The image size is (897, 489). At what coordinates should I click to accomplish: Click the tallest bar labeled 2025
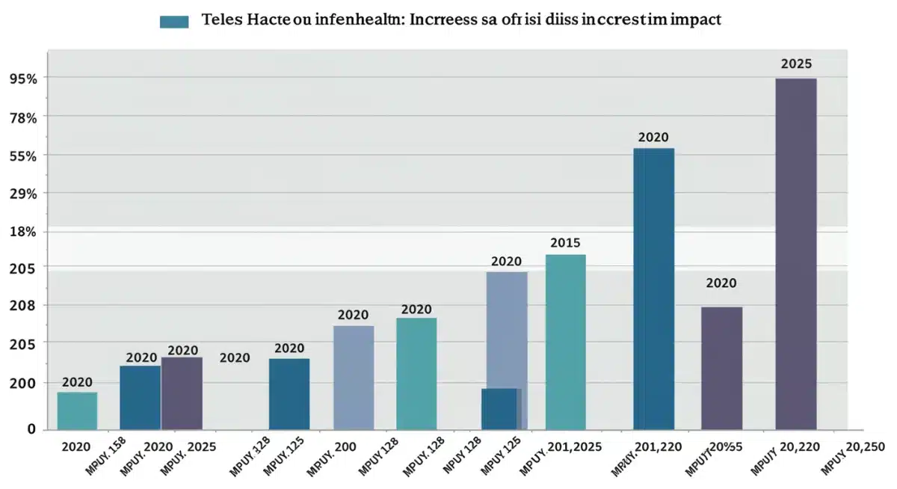point(795,254)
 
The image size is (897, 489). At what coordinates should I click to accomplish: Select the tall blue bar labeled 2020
point(653,289)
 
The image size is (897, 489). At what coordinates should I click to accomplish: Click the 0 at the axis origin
point(31,429)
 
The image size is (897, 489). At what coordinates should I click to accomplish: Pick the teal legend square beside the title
point(174,22)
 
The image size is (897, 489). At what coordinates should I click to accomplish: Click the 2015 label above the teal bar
point(565,243)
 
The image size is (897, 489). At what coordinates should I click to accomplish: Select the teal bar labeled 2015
point(565,342)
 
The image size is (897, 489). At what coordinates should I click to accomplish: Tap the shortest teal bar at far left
point(77,410)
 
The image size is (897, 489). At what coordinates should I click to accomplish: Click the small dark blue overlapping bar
point(499,408)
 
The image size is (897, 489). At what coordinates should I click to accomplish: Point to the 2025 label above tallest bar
point(796,64)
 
